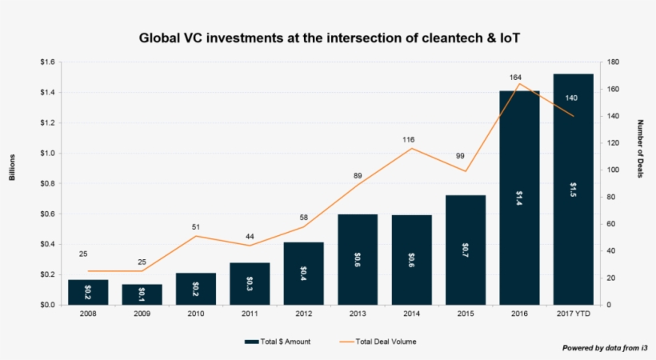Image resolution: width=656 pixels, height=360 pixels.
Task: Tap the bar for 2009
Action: (142, 294)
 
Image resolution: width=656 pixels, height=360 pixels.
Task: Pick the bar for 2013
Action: (358, 259)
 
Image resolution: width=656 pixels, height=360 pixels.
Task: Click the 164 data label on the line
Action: (515, 78)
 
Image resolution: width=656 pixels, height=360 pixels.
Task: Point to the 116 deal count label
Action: (408, 140)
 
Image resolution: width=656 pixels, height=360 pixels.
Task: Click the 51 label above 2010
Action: (196, 227)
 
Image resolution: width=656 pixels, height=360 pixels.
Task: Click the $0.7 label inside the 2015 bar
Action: (466, 250)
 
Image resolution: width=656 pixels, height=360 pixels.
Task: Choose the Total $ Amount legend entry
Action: (278, 342)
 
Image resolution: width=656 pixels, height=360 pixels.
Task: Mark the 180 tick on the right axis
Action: (613, 62)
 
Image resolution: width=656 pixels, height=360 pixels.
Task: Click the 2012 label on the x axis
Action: (303, 314)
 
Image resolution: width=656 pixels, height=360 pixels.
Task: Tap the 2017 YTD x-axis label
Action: (573, 314)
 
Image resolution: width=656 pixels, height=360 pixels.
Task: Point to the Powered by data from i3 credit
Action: (604, 348)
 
